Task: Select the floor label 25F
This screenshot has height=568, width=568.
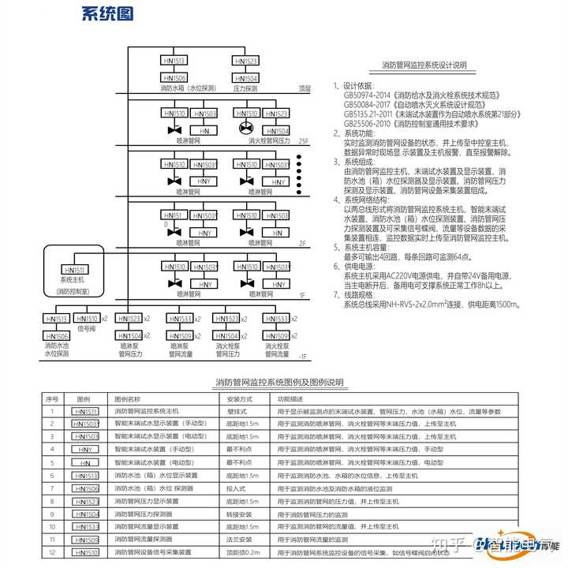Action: (304, 140)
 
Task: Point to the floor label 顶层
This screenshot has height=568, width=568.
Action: (305, 89)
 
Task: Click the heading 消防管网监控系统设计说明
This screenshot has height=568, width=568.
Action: (424, 65)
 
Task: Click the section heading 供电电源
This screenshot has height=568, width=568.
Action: (360, 267)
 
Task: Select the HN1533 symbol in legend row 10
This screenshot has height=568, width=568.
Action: (85, 526)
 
